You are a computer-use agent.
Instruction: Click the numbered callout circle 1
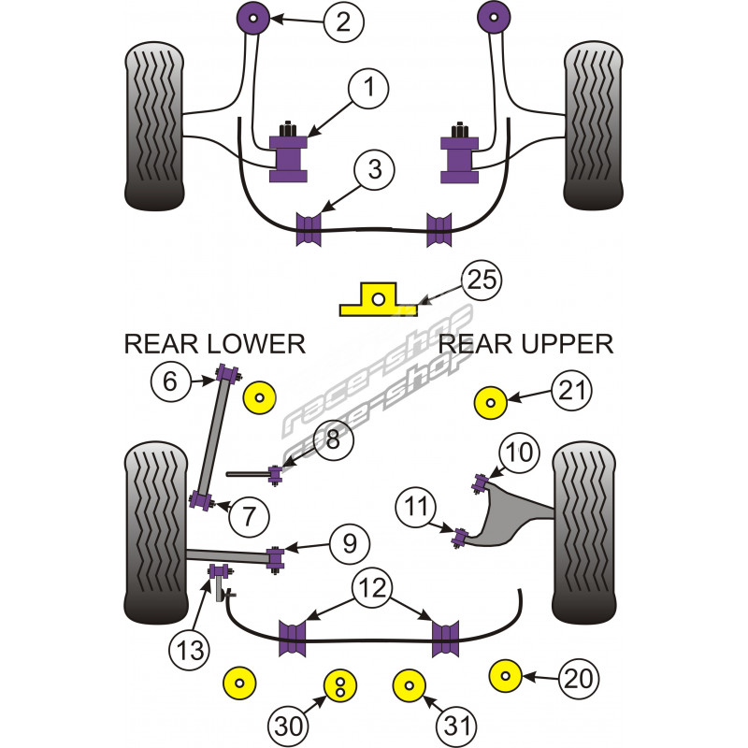tap(370, 89)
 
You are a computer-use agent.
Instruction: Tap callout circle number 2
tap(343, 21)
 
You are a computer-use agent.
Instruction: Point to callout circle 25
tap(482, 280)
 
